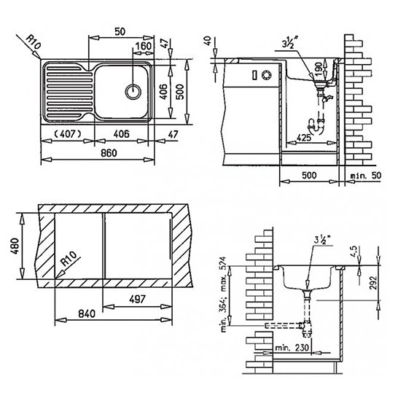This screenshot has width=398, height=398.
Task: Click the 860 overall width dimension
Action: pos(109,153)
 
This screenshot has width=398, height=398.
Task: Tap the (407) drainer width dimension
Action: pos(68,134)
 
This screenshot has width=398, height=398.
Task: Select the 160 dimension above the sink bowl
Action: pos(144,46)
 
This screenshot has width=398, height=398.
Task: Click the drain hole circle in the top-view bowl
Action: pos(133,91)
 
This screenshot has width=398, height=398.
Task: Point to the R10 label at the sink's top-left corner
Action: pos(34,42)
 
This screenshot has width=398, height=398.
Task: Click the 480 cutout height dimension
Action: pos(15,246)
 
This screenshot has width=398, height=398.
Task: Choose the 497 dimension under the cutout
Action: pos(137,299)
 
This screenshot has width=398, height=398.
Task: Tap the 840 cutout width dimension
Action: pos(87,313)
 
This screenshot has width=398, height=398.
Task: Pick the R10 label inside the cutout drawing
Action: pos(69,258)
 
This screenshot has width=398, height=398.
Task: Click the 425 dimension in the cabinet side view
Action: pos(303,138)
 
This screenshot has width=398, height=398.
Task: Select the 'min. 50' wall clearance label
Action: pos(366,176)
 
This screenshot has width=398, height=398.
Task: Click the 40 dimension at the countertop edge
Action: pos(208,41)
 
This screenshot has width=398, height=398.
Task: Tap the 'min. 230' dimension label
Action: pos(292,348)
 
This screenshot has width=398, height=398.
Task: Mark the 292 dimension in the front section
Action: pos(374,283)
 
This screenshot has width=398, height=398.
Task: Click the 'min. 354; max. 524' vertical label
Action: pos(223,294)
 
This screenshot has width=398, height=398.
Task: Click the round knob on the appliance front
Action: pos(267,75)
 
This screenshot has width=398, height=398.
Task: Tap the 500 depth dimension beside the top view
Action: pos(180,92)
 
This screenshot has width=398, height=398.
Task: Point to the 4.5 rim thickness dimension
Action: pos(354,251)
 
